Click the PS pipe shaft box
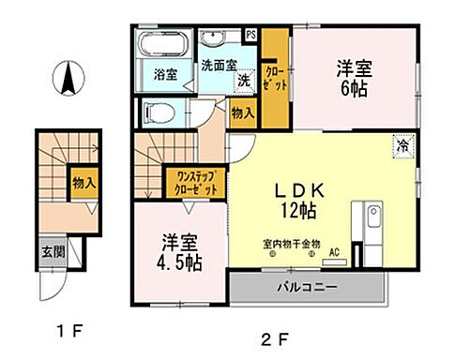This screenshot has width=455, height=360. tap(250, 36)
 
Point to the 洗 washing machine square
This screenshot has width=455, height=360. tap(242, 81)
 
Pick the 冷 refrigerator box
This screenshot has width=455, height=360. tap(403, 144)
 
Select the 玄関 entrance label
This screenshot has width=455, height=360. tap(53, 250)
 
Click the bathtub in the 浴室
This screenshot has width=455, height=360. tap(167, 44)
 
